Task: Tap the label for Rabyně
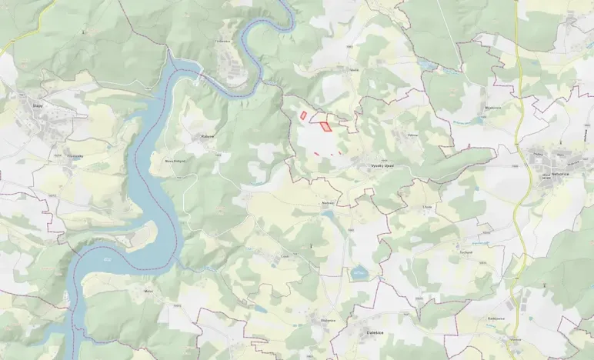click(206, 135)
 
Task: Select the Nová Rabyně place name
click(175, 162)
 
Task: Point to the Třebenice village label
click(223, 41)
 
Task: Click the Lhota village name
click(427, 207)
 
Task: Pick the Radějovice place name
click(496, 318)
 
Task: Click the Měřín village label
click(148, 292)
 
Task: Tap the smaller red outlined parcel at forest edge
click(303, 116)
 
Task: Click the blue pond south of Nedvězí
click(359, 272)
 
